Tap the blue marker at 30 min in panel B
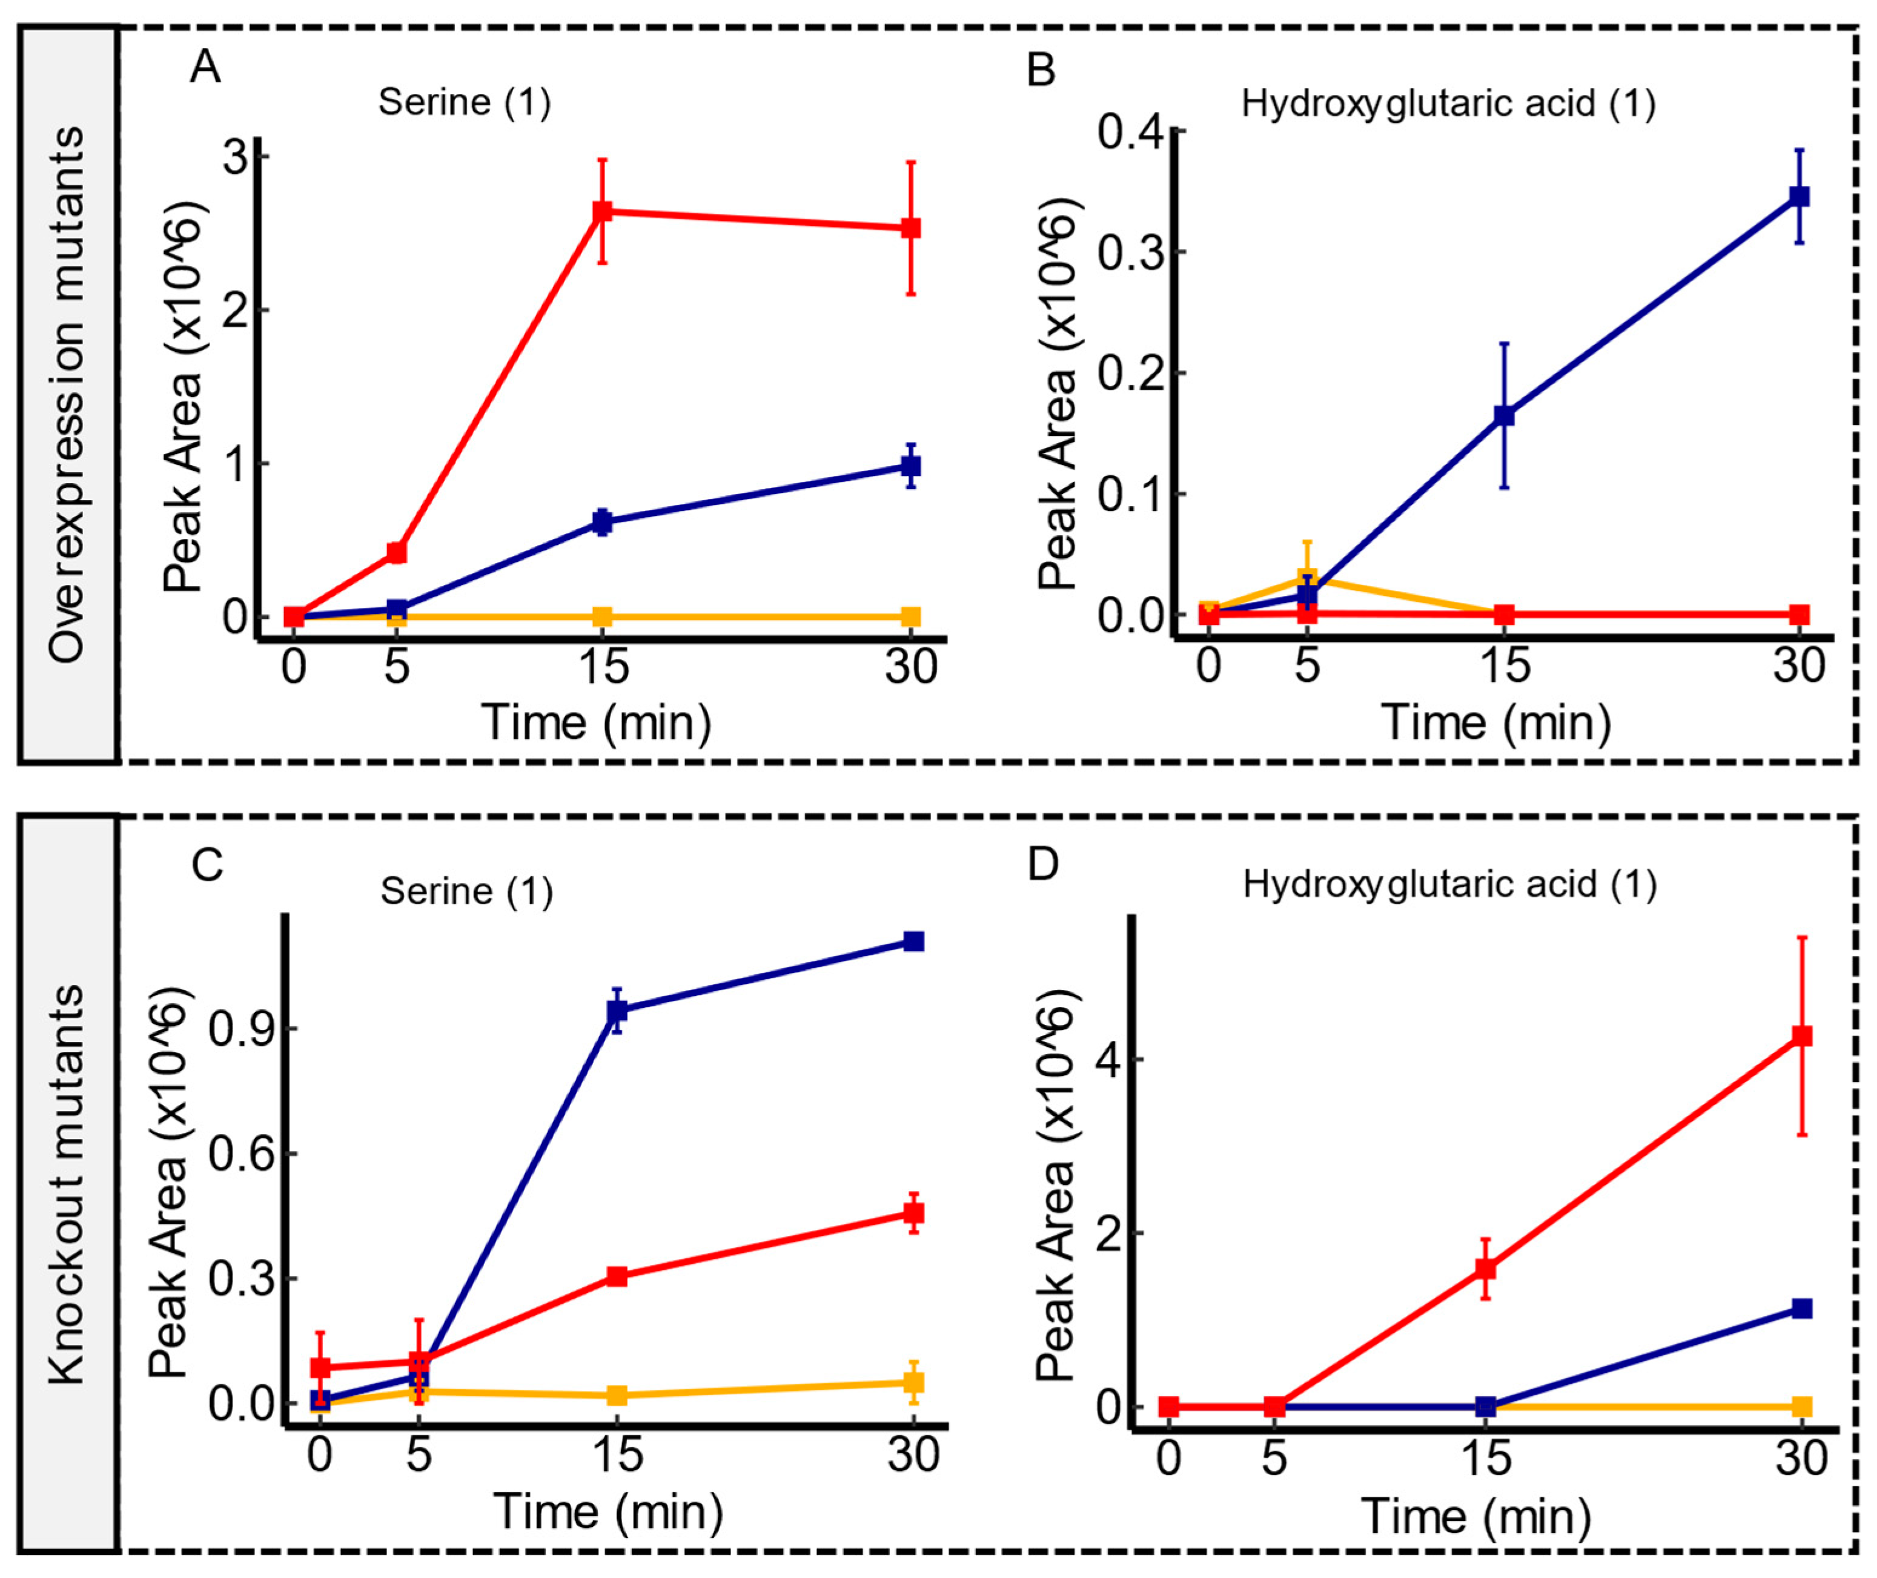1799,197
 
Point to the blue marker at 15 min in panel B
1504,415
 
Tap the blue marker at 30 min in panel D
1802,1309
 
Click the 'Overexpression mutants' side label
67,394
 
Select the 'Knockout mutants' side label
67,1184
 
